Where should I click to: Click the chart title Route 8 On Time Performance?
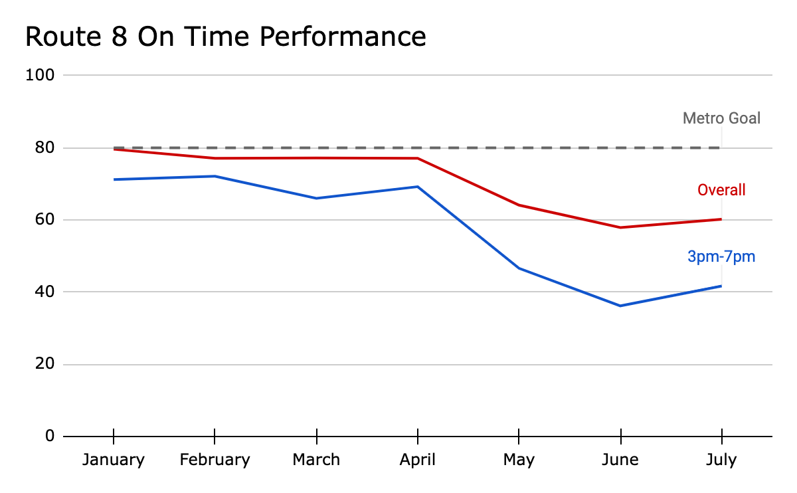225,36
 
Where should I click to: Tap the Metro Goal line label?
721,118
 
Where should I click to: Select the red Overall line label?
721,190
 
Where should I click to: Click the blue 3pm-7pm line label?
721,256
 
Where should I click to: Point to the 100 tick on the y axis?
40,75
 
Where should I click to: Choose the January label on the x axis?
114,460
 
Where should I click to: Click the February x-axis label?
215,460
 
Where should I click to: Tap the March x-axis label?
316,460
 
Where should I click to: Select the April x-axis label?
417,460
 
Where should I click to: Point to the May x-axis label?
519,460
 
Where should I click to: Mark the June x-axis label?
620,460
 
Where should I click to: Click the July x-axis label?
721,460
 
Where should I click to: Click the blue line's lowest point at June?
620,306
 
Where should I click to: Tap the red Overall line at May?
519,205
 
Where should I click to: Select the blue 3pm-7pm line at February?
215,176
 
